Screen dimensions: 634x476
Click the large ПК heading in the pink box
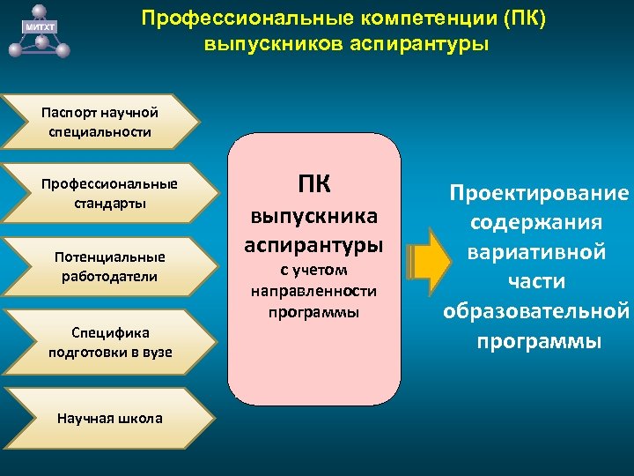pos(314,184)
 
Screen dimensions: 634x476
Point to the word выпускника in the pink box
pos(314,216)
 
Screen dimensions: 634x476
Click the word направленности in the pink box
pos(314,290)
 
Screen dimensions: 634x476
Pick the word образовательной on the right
pos(537,311)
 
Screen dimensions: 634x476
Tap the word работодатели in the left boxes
pos(109,277)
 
